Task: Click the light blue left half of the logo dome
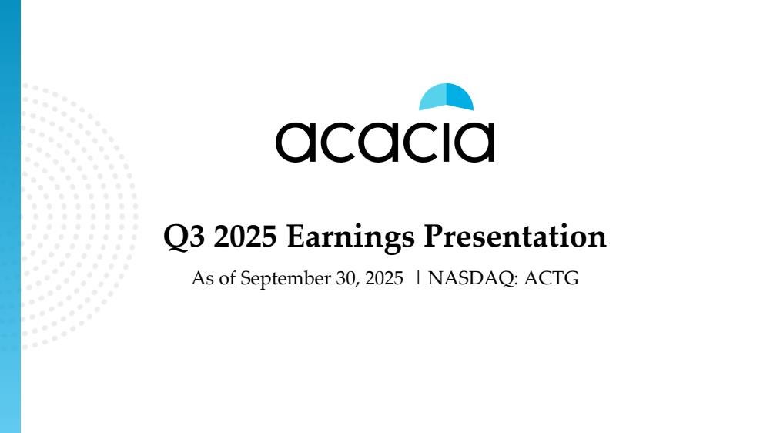[x=433, y=98]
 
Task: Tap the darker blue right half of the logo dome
[x=459, y=98]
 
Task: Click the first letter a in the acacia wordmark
[x=295, y=142]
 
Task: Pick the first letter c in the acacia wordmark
[x=337, y=142]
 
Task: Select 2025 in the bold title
[x=246, y=237]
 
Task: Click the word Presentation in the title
[x=514, y=237]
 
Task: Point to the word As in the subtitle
[x=203, y=278]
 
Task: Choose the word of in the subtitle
[x=227, y=278]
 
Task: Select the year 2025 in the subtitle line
[x=384, y=278]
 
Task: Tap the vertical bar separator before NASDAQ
[x=417, y=277]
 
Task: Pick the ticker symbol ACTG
[x=551, y=278]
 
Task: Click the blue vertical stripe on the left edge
[x=10, y=216]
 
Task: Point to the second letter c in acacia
[x=420, y=142]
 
